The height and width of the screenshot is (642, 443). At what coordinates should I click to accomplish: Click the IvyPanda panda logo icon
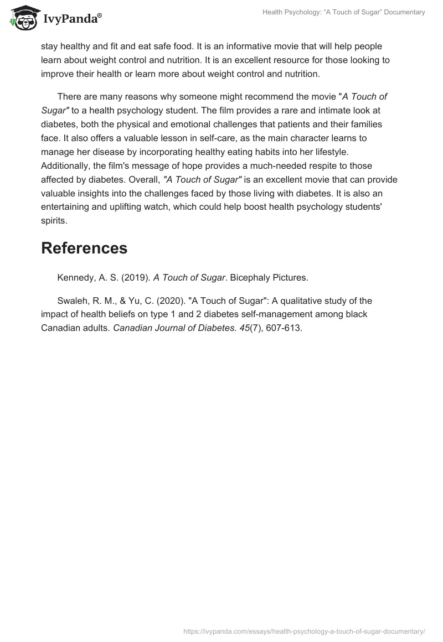tap(22, 18)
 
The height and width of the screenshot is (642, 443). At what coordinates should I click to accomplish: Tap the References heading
tap(84, 248)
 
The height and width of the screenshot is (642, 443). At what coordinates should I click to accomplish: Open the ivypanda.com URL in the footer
tap(303, 631)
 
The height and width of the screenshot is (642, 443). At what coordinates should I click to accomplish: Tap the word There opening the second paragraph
tap(69, 97)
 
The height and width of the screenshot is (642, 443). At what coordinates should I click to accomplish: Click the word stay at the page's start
tap(49, 46)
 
